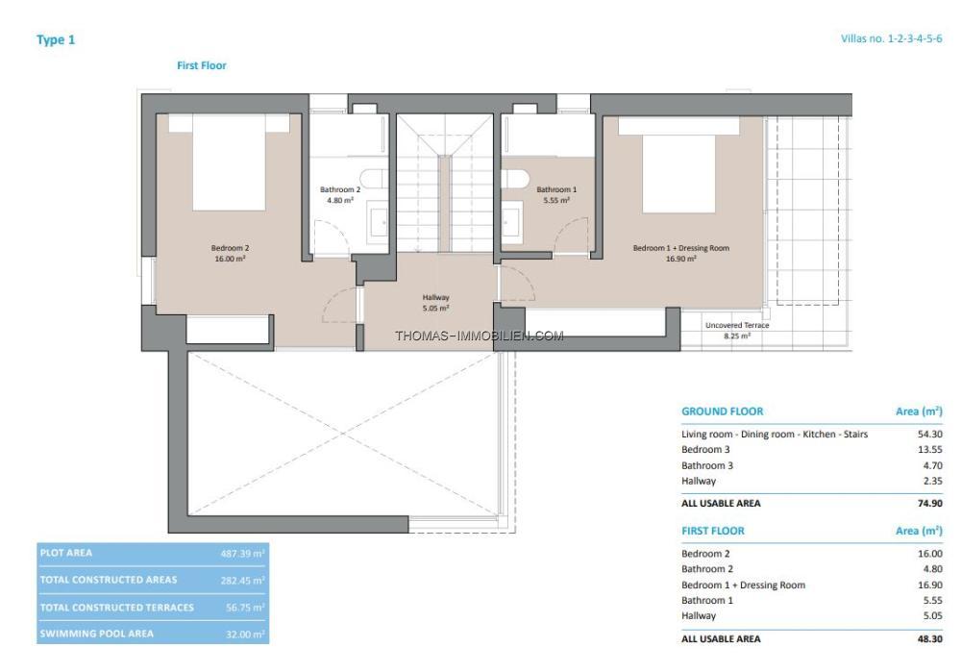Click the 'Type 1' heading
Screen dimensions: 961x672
tap(56, 39)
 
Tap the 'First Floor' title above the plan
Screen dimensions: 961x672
tap(202, 65)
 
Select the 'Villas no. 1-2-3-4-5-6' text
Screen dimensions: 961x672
tap(891, 38)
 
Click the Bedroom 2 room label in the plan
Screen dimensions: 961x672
tap(230, 253)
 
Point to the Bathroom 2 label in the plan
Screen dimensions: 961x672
tap(340, 195)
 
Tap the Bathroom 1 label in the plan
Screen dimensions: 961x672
tap(556, 195)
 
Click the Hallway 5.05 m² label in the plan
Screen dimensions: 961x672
tap(435, 303)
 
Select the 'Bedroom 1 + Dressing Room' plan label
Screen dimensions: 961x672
tap(681, 248)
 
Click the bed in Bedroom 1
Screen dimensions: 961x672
tap(678, 164)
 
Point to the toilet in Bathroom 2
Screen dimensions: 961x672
tap(371, 179)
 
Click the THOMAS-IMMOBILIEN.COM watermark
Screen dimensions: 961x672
tap(480, 336)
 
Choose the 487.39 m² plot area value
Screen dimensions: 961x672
tap(243, 554)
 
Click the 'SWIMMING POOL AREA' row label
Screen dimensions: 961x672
tap(97, 634)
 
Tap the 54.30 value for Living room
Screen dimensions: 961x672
tap(929, 435)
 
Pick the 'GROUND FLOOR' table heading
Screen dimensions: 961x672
tap(723, 411)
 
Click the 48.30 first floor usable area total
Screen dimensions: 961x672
tap(929, 639)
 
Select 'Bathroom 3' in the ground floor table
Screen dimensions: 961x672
tap(707, 465)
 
